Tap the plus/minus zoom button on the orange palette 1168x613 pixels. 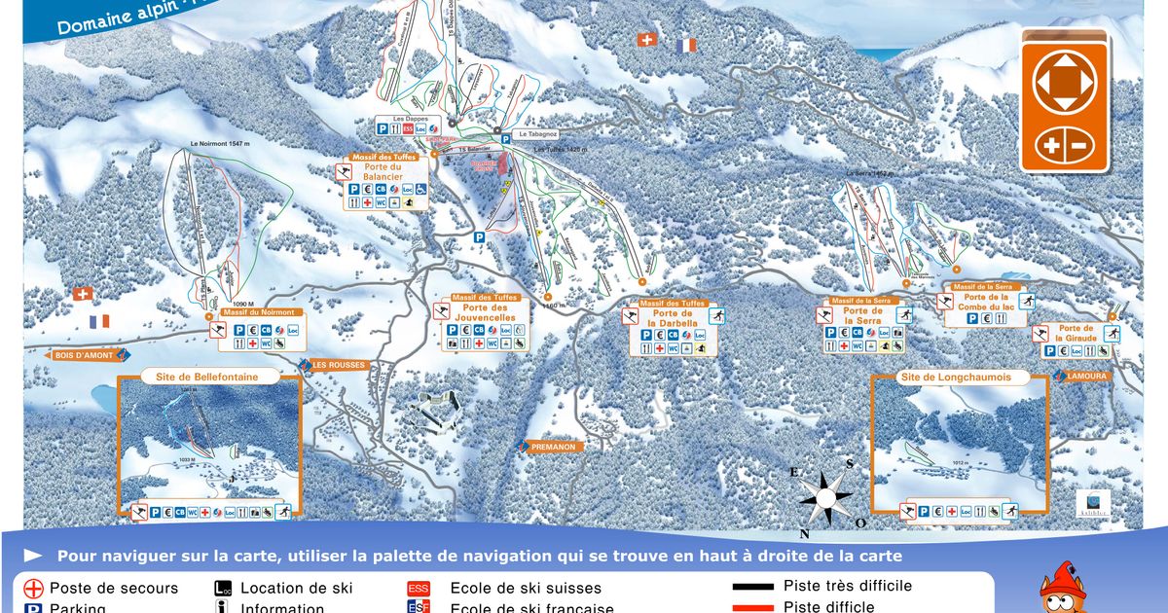pyautogui.click(x=1064, y=146)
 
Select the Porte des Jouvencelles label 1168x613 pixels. pyautogui.click(x=489, y=313)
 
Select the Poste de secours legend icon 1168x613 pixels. pyautogui.click(x=34, y=589)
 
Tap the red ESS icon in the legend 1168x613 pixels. pyautogui.click(x=419, y=589)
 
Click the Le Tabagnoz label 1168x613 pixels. pyautogui.click(x=536, y=134)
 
